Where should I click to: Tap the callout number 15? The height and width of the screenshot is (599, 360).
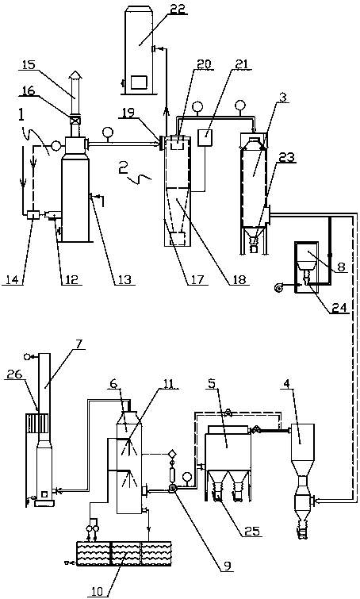[x=29, y=64]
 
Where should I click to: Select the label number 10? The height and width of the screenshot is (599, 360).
[x=98, y=591]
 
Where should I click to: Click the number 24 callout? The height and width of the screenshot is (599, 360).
[x=339, y=307]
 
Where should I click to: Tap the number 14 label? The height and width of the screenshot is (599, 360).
[x=12, y=279]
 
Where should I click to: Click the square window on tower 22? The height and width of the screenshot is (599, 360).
[x=139, y=82]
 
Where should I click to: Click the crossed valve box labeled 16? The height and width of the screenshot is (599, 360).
[x=75, y=121]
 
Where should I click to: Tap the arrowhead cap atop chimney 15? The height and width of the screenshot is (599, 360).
[x=75, y=74]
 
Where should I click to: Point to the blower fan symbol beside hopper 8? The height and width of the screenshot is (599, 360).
[x=278, y=286]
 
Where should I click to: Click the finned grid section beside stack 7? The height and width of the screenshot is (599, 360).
[x=37, y=423]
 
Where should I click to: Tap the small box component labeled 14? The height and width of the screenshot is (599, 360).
[x=32, y=216]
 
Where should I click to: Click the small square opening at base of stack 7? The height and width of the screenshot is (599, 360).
[x=44, y=494]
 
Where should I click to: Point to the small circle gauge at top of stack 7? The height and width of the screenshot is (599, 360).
[x=27, y=357]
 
